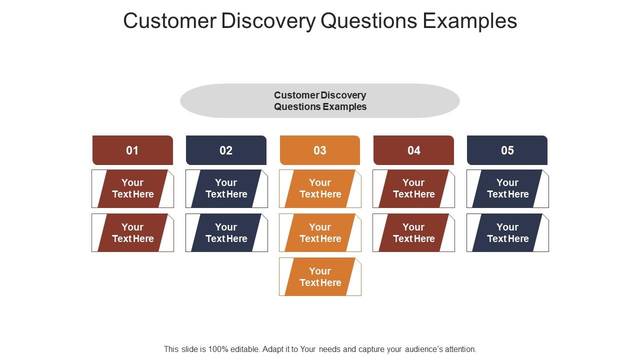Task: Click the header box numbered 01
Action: pos(132,150)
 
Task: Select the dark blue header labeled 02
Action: pos(226,150)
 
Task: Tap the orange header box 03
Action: pos(320,150)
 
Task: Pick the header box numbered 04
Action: pos(413,150)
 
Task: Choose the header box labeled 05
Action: pos(507,150)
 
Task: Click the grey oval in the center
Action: pos(320,100)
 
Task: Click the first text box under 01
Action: pos(132,188)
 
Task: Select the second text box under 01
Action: pos(132,233)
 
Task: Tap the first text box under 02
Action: pos(226,188)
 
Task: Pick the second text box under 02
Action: pos(226,233)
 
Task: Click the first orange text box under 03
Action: pos(320,188)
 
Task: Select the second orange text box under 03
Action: pos(320,233)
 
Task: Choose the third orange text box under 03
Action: pos(320,276)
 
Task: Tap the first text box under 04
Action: pos(413,188)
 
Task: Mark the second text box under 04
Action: pos(413,233)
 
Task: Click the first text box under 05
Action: pos(507,188)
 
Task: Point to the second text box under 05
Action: pos(507,233)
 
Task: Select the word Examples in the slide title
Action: pos(470,21)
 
